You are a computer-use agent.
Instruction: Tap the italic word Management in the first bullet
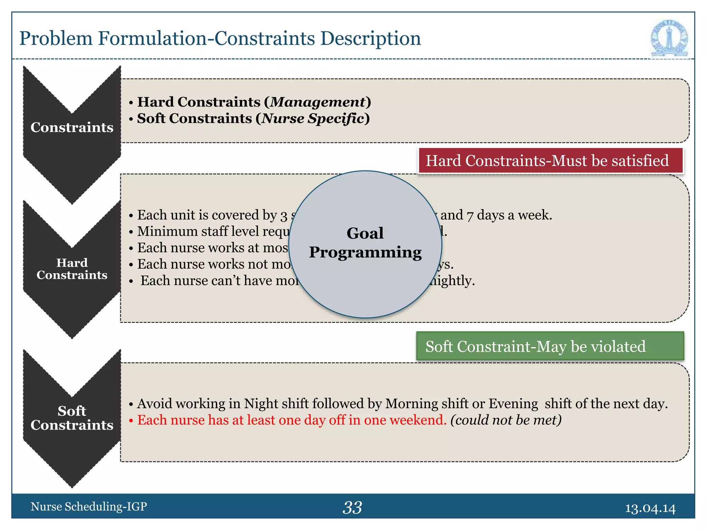[317, 102]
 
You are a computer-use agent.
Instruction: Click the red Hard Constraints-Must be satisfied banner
[550, 161]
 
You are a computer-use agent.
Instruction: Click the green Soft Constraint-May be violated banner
[550, 346]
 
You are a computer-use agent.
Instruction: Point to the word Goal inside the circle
[365, 233]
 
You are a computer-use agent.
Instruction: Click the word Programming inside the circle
[365, 252]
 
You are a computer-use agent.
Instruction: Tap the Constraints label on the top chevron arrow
[72, 127]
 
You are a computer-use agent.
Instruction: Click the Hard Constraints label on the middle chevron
[72, 269]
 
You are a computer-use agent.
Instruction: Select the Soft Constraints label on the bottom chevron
[72, 418]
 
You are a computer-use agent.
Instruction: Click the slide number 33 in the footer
[352, 508]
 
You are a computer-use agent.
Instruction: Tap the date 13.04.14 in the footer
[650, 508]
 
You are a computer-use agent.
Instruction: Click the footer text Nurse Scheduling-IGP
[89, 507]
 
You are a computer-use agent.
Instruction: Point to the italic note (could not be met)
[506, 420]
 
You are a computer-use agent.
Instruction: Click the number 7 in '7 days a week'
[470, 216]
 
